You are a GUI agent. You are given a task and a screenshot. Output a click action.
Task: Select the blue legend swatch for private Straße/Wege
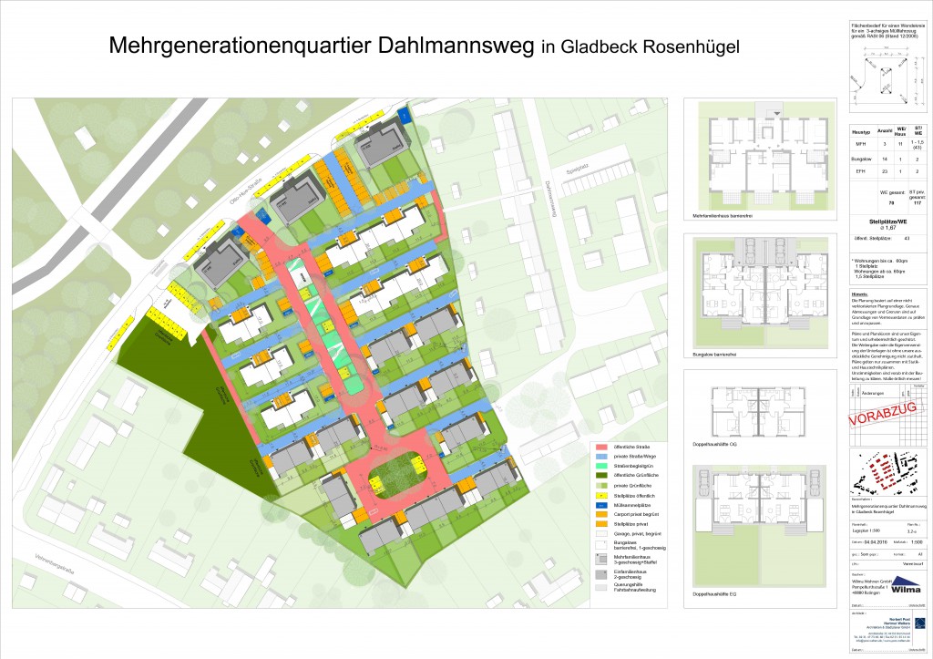click(x=602, y=457)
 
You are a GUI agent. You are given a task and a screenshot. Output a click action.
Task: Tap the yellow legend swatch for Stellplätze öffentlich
click(x=602, y=496)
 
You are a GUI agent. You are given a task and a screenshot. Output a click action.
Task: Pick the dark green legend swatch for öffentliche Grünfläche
click(x=602, y=476)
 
